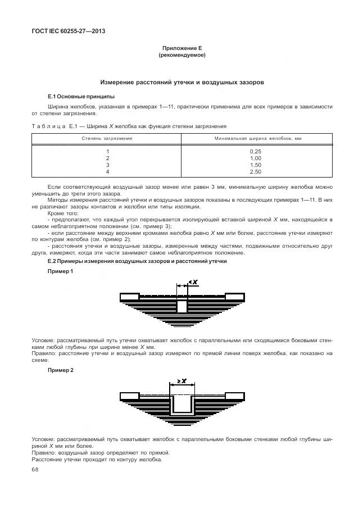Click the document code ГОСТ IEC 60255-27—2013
point(69,31)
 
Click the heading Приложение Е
point(182,49)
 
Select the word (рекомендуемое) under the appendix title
point(182,56)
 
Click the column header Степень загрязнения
point(107,138)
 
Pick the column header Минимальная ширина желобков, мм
point(255,138)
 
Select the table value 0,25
point(256,152)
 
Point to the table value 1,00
point(256,158)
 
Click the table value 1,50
point(256,165)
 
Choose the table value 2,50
point(256,172)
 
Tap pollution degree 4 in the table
point(107,172)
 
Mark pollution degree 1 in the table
point(107,152)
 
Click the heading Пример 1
point(60,271)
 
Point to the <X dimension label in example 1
point(193,282)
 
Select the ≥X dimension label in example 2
point(182,382)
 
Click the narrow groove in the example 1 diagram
point(182,306)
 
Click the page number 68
point(35,470)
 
